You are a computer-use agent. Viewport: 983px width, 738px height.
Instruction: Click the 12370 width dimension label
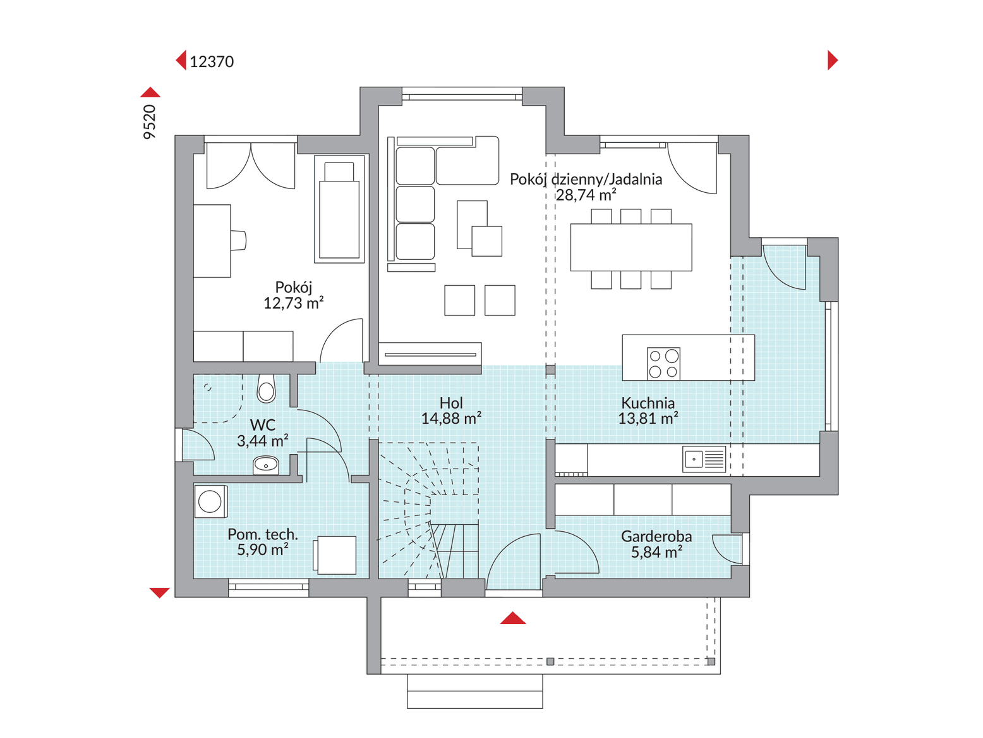pos(212,61)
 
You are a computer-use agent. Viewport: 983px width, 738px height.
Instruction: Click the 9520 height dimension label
pos(150,122)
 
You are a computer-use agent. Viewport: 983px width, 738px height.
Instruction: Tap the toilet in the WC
pos(266,388)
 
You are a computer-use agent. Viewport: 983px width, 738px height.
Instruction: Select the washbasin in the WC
pos(266,465)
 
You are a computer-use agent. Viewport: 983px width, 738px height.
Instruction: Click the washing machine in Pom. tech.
pos(210,501)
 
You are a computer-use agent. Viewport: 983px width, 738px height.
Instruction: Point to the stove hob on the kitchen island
pos(663,364)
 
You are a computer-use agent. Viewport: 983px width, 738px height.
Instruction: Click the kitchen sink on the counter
pos(704,459)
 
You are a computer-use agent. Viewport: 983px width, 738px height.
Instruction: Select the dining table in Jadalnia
pos(631,247)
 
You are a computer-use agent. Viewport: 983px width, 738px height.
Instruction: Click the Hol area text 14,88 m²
pos(451,419)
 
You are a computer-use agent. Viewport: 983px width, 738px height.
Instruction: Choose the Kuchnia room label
pos(648,403)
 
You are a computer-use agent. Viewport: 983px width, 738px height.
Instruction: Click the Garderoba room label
pos(656,536)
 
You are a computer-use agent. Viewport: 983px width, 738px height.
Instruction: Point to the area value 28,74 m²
pos(586,195)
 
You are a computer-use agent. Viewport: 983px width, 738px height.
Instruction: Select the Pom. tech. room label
pos(262,534)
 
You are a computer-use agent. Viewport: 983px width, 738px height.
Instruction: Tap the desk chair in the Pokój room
pos(238,240)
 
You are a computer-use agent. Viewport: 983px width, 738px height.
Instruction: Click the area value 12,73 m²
pos(293,304)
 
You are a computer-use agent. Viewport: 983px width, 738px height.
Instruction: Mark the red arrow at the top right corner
pos(833,60)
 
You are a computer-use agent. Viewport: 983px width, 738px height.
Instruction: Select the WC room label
pos(262,425)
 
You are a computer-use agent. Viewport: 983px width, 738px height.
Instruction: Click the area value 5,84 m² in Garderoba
pos(656,552)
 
